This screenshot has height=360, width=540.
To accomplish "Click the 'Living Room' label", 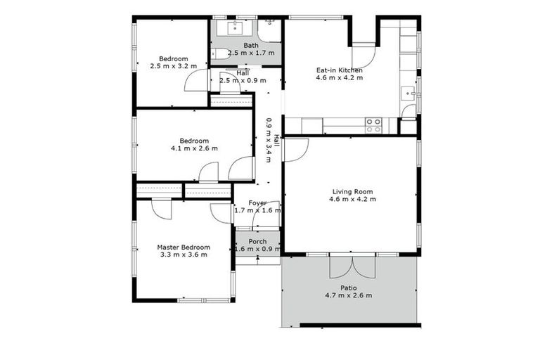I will [352, 191].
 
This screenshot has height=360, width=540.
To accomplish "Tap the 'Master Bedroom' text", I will [183, 247].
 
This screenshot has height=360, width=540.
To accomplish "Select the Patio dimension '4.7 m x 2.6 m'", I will [348, 295].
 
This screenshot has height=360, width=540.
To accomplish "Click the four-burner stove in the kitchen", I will [373, 125].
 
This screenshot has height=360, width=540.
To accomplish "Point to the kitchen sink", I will [407, 91].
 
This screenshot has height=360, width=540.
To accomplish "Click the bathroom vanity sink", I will [233, 29].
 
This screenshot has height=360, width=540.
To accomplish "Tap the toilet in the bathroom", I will [219, 53].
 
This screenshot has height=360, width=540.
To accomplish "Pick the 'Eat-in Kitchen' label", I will [339, 70].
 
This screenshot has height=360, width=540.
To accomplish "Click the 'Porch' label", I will [257, 242].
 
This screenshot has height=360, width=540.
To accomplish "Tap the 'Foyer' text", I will [257, 203].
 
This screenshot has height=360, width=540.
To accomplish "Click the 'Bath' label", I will [251, 46].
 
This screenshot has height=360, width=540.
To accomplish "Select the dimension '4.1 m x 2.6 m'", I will [194, 148].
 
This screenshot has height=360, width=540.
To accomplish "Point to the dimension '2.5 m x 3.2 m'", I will [173, 66].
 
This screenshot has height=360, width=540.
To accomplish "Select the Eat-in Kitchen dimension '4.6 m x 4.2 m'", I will [339, 78].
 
